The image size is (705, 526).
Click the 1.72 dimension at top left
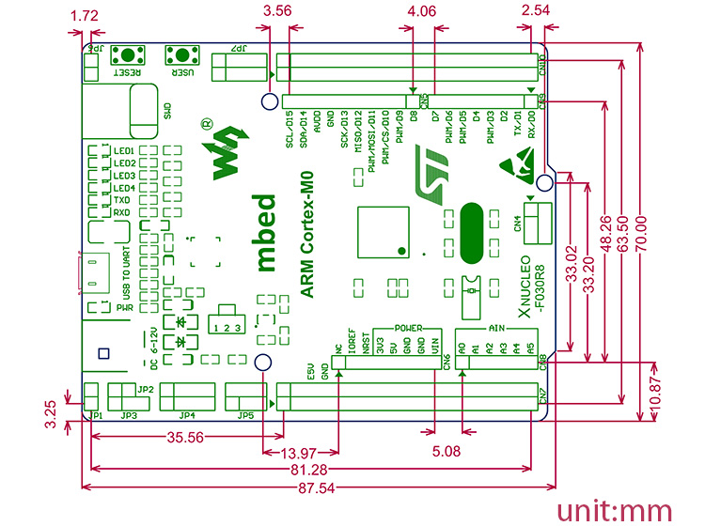(85, 15)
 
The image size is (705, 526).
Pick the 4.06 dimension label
(422, 12)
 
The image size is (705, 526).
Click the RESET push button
(128, 54)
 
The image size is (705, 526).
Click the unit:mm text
(616, 508)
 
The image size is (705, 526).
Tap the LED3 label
(124, 176)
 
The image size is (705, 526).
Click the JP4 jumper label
(187, 415)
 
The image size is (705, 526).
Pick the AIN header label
(497, 328)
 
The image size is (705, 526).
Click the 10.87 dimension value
(660, 385)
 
